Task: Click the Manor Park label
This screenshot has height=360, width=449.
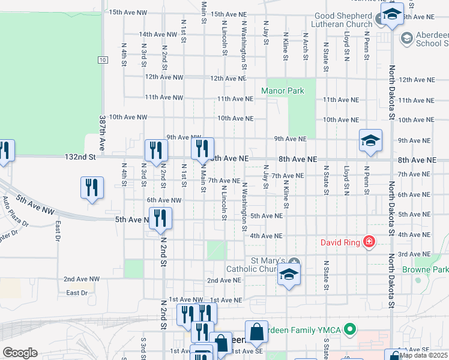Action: point(282,91)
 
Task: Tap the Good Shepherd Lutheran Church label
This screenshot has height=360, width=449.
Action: point(342,20)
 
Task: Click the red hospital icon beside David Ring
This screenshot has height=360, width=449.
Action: point(369,242)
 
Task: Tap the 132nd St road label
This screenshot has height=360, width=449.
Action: point(80,157)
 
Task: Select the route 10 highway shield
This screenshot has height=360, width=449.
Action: point(103,59)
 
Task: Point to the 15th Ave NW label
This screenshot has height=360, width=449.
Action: point(128,12)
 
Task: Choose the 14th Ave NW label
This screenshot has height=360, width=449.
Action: point(160,35)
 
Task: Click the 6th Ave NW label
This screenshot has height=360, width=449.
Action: point(164,200)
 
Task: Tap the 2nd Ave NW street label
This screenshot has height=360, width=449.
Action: point(82,279)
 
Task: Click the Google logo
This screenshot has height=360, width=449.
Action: point(20,353)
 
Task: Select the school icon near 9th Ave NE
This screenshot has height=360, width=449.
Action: point(370,142)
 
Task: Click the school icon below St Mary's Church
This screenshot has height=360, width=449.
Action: point(289,275)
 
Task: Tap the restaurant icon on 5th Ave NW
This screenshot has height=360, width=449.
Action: point(160,218)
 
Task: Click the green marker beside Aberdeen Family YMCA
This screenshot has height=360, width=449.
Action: point(351,329)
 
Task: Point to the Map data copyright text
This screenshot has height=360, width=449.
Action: point(424,355)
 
